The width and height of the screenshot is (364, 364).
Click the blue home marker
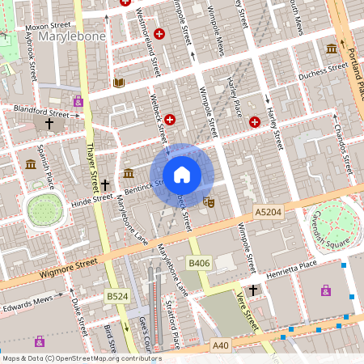(x=182, y=174)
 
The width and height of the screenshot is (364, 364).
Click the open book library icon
(x=120, y=83)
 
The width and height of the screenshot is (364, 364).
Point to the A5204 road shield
(x=269, y=211)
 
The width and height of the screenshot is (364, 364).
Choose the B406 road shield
(x=199, y=263)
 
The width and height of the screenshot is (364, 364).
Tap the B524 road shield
(x=116, y=298)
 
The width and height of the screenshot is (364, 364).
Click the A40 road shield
(x=221, y=345)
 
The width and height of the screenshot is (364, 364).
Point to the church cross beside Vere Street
(x=253, y=290)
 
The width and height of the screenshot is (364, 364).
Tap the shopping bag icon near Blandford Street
(x=78, y=101)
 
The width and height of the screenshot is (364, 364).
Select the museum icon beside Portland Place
(x=332, y=49)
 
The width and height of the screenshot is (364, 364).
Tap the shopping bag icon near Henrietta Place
(x=326, y=290)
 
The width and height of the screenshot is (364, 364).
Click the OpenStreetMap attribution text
(x=81, y=358)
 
